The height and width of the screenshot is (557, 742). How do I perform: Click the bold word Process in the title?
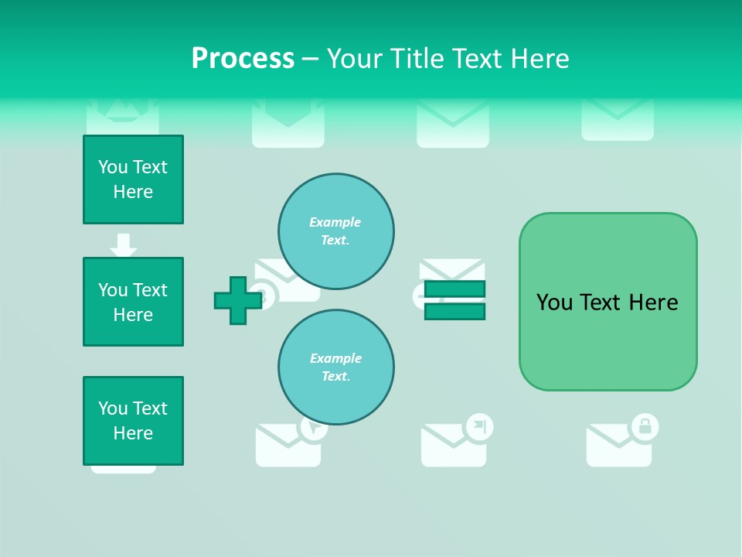coord(243,59)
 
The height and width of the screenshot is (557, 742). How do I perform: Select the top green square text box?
coord(133,179)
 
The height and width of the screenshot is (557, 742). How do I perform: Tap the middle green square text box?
coord(133,302)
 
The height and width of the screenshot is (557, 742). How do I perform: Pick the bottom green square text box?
coord(133,421)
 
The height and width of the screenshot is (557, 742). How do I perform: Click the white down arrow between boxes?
coord(124,244)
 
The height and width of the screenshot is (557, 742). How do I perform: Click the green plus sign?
coord(237,301)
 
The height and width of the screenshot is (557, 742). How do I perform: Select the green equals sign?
coord(454,301)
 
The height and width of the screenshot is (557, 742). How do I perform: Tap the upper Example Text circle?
coord(335,231)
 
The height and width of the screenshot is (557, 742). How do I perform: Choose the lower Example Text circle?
coord(335,367)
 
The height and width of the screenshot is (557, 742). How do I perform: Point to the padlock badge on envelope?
coord(645,426)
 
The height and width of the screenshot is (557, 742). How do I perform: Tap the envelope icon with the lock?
coord(617,447)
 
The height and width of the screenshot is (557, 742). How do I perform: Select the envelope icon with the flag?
coord(452,447)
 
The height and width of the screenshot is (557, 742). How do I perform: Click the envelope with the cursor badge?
coord(287,447)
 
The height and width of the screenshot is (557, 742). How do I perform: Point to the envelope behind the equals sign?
coord(452,270)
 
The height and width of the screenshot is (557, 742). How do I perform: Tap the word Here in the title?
coord(538,59)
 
